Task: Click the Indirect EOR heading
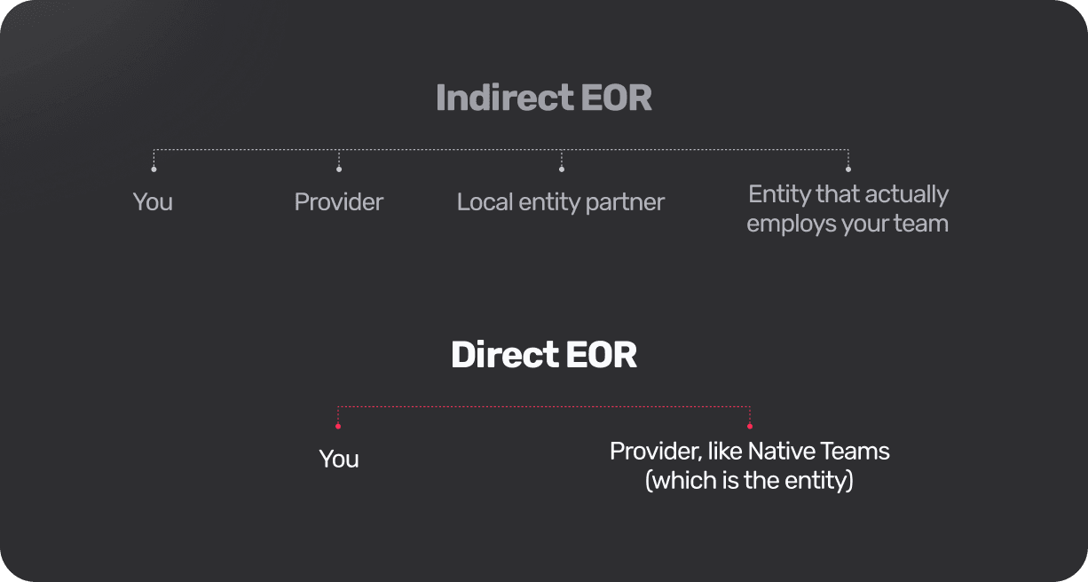[543, 98]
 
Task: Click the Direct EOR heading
[543, 354]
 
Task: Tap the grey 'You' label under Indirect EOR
[153, 202]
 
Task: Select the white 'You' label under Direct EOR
[339, 459]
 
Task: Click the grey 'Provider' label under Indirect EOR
[338, 202]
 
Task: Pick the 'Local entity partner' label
[561, 203]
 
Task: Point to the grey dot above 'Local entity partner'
[562, 169]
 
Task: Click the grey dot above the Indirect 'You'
[154, 169]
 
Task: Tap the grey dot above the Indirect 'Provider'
[339, 169]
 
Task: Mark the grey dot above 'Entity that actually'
[848, 169]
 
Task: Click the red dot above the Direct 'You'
[338, 426]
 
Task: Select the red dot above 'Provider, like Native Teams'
[750, 426]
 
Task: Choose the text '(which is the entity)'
[750, 481]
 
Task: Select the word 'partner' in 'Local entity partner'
[625, 203]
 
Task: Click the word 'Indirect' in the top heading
[505, 98]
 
